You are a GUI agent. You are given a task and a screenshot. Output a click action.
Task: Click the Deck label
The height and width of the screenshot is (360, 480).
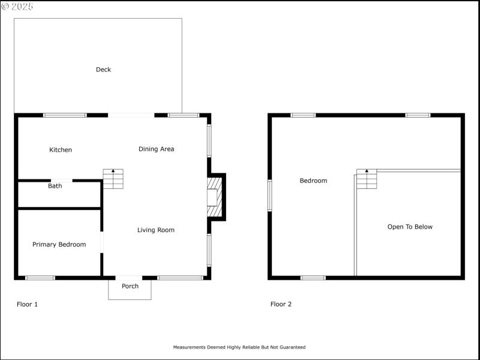[x=103, y=70]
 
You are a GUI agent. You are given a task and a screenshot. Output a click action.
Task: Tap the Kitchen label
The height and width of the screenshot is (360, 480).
[x=61, y=150]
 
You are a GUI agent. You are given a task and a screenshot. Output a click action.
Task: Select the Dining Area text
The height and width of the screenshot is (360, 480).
[x=156, y=149]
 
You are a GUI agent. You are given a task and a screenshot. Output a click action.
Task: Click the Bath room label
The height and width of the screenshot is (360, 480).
[x=55, y=186]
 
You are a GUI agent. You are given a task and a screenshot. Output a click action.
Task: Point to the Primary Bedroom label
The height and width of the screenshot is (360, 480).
[x=59, y=244]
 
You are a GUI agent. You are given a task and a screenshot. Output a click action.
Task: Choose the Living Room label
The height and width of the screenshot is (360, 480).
[x=155, y=230]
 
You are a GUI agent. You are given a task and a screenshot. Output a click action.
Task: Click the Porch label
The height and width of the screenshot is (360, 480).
[x=130, y=286]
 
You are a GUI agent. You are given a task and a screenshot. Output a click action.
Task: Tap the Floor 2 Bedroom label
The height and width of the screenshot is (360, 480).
[x=313, y=181]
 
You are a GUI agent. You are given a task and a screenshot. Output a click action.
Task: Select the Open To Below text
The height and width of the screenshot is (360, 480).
[x=410, y=227]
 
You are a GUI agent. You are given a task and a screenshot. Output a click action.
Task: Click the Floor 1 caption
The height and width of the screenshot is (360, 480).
[x=27, y=304]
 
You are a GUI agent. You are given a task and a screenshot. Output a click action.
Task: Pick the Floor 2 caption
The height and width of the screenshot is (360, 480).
[x=281, y=304]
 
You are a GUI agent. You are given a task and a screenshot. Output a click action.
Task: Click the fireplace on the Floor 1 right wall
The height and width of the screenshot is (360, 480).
[x=214, y=197]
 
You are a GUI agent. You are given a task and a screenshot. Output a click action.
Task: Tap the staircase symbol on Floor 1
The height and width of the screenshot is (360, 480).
[x=113, y=179]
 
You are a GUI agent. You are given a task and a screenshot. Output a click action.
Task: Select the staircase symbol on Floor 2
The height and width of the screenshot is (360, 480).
[x=367, y=179]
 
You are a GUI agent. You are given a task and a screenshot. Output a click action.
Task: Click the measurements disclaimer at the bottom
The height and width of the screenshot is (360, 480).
[x=239, y=347]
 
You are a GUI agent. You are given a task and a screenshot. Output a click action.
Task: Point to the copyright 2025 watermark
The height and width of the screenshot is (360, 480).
[x=17, y=6]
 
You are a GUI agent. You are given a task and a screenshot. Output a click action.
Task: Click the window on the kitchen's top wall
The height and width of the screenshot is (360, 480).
[x=65, y=115]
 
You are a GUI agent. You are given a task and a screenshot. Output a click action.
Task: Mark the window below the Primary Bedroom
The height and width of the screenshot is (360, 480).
[x=40, y=278]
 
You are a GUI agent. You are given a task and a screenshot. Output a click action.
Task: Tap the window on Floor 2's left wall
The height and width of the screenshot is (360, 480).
[x=270, y=196]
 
